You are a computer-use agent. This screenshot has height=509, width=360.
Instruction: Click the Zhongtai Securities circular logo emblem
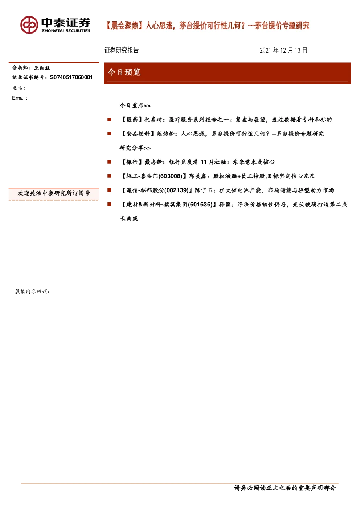tap(29, 25)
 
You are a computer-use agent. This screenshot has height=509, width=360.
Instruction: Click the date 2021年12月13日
tap(283, 50)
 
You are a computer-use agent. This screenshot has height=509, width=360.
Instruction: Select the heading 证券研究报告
tap(121, 50)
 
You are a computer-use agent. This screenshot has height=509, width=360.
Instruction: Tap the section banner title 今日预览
tap(124, 72)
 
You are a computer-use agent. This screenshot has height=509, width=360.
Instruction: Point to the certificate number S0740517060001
tap(71, 77)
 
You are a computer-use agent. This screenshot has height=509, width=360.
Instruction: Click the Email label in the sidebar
tap(20, 98)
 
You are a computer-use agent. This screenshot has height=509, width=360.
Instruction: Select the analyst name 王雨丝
tap(42, 68)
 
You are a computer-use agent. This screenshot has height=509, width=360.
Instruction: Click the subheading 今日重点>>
tap(135, 106)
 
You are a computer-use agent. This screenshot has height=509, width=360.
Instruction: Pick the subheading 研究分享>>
tap(135, 148)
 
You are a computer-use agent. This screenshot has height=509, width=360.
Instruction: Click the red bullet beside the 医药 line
tap(109, 119)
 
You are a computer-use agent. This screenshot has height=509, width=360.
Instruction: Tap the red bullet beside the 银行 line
tap(109, 162)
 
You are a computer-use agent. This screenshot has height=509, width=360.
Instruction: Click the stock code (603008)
tap(170, 176)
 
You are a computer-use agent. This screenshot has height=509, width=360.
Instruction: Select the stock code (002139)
tap(176, 190)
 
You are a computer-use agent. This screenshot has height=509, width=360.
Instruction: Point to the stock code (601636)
tap(200, 204)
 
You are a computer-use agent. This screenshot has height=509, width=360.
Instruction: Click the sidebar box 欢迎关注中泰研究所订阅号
tap(54, 193)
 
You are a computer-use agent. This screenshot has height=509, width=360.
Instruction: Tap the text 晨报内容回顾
tap(32, 291)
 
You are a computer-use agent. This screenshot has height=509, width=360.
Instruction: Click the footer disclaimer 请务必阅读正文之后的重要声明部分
tap(285, 488)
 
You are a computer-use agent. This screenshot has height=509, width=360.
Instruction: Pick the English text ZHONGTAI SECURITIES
tap(66, 31)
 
